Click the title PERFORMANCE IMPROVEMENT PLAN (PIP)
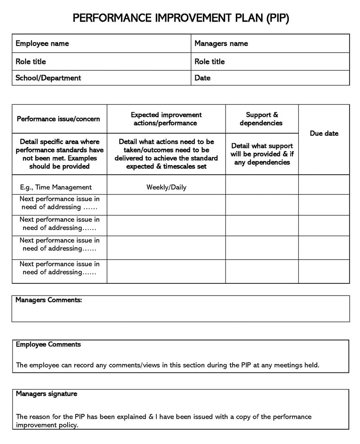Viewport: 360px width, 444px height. click(180, 18)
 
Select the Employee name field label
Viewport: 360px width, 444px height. click(42, 44)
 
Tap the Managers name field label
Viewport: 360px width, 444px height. click(221, 44)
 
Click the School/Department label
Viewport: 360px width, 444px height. click(48, 78)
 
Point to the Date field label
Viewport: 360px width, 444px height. click(202, 78)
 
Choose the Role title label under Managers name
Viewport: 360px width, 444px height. click(209, 62)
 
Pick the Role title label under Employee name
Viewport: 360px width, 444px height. click(31, 62)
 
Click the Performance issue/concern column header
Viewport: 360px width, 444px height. click(58, 119)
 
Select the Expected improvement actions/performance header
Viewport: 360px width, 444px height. click(166, 119)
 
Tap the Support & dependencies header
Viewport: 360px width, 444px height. click(261, 119)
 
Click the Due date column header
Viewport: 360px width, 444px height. click(324, 134)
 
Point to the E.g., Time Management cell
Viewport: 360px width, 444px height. click(56, 187)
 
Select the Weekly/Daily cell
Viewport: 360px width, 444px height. click(166, 187)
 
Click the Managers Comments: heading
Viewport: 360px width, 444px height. click(49, 300)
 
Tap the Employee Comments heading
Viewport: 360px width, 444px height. click(48, 345)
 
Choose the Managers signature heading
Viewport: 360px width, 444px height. click(46, 394)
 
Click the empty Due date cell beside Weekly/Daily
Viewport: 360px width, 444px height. click(324, 185)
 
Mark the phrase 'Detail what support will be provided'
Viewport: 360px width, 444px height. click(261, 150)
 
